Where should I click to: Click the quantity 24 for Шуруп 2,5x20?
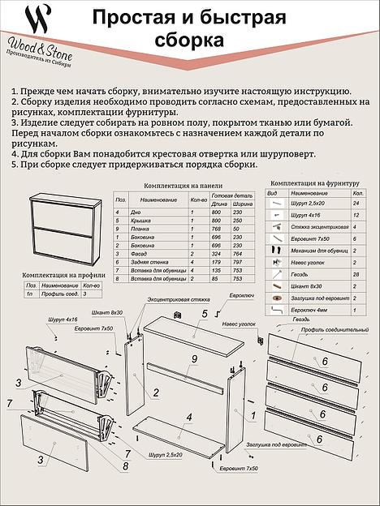[x=356, y=205]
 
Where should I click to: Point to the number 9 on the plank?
[x=194, y=359]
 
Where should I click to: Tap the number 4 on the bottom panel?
[x=189, y=419]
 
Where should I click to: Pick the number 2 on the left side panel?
[x=155, y=393]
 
